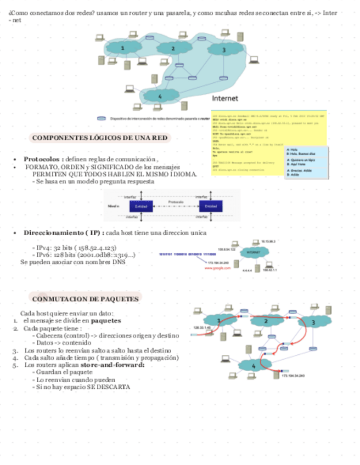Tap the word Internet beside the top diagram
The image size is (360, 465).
tap(225, 99)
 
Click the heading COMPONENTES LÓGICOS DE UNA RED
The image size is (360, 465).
tap(100, 138)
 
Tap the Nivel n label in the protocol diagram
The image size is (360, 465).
tap(114, 206)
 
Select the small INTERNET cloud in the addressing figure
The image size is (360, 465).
tap(252, 252)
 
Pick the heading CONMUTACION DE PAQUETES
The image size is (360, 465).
tap(85, 299)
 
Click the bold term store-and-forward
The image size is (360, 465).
tap(113, 365)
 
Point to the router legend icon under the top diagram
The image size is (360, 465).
tap(102, 118)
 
